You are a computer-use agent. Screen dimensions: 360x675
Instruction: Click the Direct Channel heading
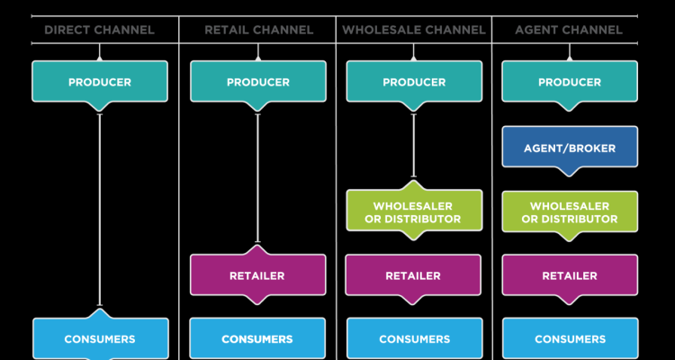pyautogui.click(x=99, y=30)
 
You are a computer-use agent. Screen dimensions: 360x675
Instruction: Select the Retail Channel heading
pyautogui.click(x=258, y=30)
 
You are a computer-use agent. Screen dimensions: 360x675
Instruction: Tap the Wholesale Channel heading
pyautogui.click(x=414, y=30)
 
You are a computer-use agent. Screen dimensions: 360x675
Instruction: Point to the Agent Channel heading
pyautogui.click(x=569, y=30)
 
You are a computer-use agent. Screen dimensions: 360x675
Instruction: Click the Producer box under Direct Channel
pyautogui.click(x=100, y=82)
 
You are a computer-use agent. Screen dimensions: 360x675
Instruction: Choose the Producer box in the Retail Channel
pyautogui.click(x=258, y=82)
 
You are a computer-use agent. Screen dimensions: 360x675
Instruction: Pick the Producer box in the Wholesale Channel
pyautogui.click(x=414, y=82)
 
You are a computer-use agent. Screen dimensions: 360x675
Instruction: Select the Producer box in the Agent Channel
pyautogui.click(x=570, y=82)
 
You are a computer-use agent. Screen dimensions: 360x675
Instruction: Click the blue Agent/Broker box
pyautogui.click(x=570, y=146)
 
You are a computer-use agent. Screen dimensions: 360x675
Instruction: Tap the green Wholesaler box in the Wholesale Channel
pyautogui.click(x=414, y=212)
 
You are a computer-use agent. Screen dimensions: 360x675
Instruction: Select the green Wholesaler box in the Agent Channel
pyautogui.click(x=570, y=212)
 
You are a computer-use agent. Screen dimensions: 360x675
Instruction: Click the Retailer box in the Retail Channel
pyautogui.click(x=258, y=275)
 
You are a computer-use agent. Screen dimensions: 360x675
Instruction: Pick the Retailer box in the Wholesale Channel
pyautogui.click(x=414, y=275)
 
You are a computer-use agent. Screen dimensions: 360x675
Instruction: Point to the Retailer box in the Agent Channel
pyautogui.click(x=570, y=275)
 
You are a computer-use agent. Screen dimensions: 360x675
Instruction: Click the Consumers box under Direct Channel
pyautogui.click(x=100, y=338)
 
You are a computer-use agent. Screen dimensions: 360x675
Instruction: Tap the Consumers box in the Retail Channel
pyautogui.click(x=258, y=338)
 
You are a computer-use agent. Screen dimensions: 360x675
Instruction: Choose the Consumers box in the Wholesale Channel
pyautogui.click(x=414, y=338)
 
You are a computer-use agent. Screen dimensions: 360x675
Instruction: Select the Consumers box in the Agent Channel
pyautogui.click(x=570, y=338)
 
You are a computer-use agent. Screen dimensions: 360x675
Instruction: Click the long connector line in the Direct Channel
pyautogui.click(x=100, y=207)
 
